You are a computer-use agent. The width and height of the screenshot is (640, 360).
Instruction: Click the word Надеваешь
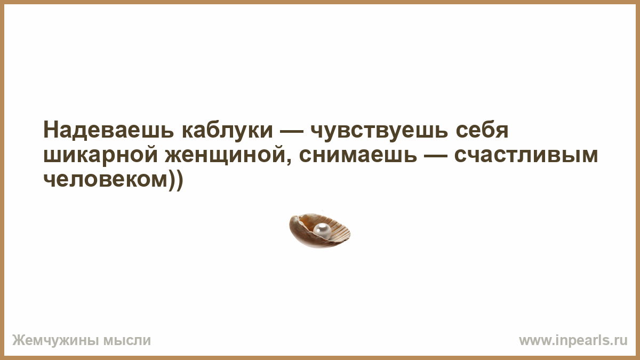coord(109,130)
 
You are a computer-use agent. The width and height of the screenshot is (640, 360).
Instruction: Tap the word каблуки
coord(227,130)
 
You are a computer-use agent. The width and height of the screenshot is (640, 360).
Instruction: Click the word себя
coord(482,130)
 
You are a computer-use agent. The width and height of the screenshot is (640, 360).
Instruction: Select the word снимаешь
coord(358,155)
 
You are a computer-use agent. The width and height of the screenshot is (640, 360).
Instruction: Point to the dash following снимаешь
coord(436,157)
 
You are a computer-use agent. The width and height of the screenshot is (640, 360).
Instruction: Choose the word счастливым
coord(526,155)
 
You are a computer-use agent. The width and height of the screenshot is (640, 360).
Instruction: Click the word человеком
coord(105,180)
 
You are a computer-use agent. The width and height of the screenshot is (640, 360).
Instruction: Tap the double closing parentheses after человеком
coord(175,181)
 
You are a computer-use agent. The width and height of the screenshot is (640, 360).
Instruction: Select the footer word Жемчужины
coord(55,341)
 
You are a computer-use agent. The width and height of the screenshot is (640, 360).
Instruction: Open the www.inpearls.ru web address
coord(573,341)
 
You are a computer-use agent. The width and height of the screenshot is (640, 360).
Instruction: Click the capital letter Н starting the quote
coord(50,130)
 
